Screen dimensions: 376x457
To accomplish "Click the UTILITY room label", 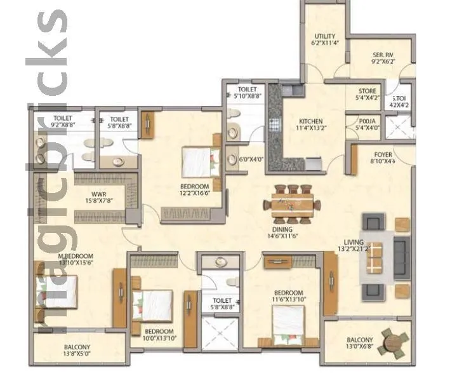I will pos(325,36).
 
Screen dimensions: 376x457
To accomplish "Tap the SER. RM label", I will pos(383,55).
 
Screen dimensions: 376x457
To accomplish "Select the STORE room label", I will pos(366,91).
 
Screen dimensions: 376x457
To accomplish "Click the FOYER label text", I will pos(383,154).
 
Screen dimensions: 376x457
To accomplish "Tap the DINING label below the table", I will pos(282,229).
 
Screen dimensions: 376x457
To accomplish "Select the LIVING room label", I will pos(354,241).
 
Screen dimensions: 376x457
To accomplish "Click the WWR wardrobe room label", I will pos(98,194).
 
